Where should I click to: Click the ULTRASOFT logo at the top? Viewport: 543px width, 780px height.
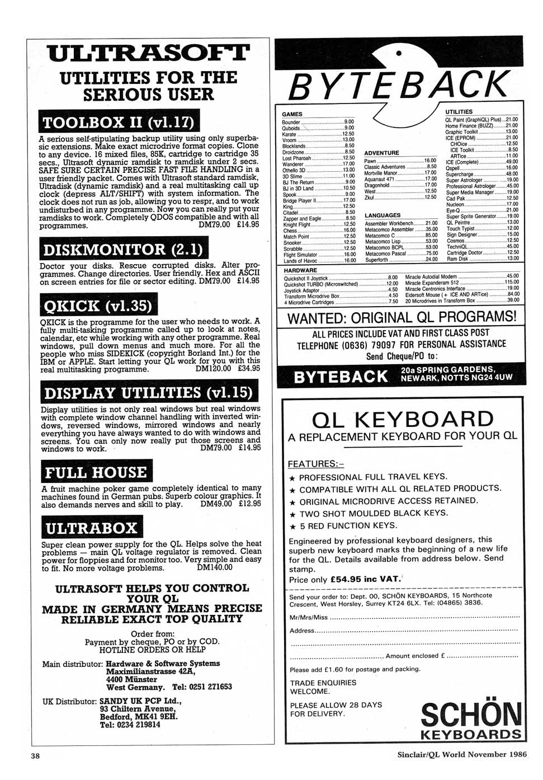tap(148, 54)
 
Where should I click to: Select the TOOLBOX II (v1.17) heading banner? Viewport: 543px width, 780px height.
tap(119, 122)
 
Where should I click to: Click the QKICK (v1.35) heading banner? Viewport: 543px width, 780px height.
tap(98, 306)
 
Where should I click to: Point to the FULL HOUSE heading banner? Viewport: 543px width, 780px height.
tap(96, 472)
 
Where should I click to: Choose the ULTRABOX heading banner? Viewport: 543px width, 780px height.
tap(92, 528)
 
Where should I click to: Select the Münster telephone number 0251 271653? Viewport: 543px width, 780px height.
tap(202, 687)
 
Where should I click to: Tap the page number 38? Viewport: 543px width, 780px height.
tap(35, 756)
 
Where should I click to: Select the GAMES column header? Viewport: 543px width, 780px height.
tap(292, 114)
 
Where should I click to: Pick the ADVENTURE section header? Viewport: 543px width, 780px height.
tap(381, 153)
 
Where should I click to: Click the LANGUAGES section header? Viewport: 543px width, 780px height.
tap(383, 215)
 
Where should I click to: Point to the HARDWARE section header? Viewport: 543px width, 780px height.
tap(300, 270)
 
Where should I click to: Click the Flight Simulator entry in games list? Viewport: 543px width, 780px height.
tap(300, 255)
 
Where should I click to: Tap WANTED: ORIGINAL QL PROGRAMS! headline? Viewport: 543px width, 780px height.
tap(402, 317)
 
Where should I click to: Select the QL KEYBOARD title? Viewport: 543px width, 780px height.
tap(403, 419)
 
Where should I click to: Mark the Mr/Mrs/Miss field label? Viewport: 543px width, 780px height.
tap(308, 617)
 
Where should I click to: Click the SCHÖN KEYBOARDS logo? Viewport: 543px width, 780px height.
tap(471, 720)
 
